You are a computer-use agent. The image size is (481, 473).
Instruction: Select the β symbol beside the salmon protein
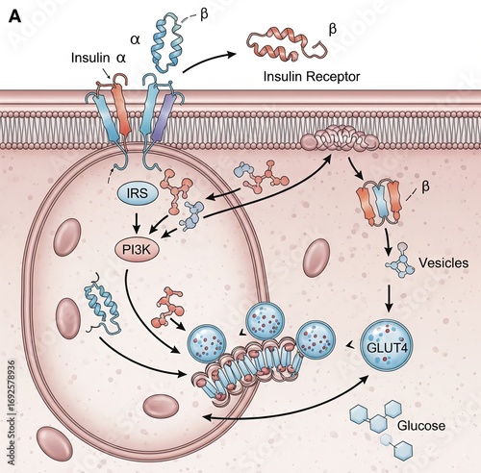pos(333,30)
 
